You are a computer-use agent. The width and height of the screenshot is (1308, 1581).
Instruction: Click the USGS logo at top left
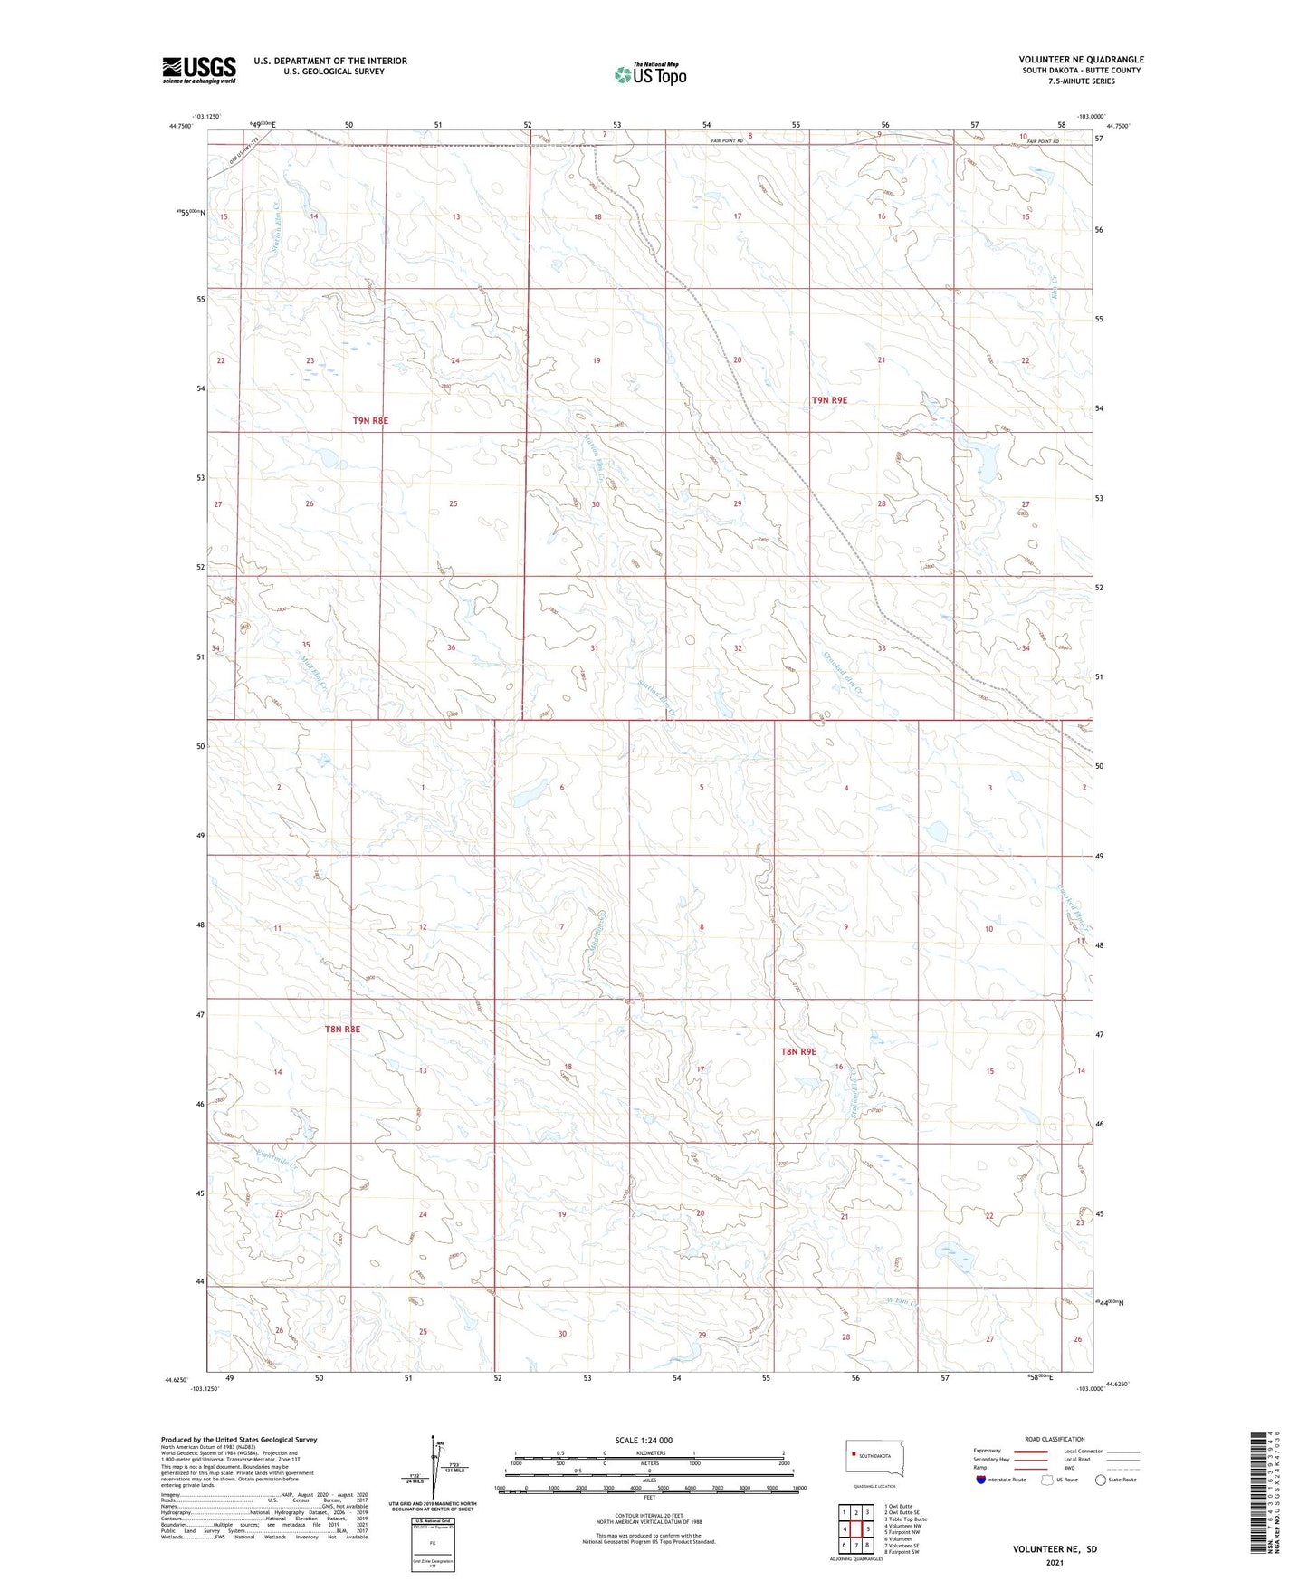pyautogui.click(x=199, y=70)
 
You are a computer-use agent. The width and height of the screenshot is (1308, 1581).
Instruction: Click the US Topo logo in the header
pyautogui.click(x=649, y=74)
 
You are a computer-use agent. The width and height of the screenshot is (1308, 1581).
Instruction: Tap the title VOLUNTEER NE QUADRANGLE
pyautogui.click(x=1081, y=60)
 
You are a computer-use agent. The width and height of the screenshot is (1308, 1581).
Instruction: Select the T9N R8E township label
pyautogui.click(x=370, y=420)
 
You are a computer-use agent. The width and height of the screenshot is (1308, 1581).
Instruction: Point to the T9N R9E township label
pyautogui.click(x=829, y=399)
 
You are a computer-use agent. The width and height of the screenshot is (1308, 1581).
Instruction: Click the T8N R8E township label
pyautogui.click(x=342, y=1029)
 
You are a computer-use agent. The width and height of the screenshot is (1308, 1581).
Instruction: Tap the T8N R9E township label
pyautogui.click(x=798, y=1051)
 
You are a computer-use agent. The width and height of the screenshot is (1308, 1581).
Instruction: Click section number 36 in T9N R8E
pyautogui.click(x=451, y=647)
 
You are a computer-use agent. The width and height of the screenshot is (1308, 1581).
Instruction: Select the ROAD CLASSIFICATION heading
pyautogui.click(x=1055, y=1439)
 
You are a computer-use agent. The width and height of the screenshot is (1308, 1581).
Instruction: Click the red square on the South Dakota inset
pyautogui.click(x=853, y=1456)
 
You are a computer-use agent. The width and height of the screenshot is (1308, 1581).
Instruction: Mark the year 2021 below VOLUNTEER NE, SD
pyautogui.click(x=1055, y=1563)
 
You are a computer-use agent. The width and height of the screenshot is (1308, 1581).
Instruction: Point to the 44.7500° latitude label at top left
pyautogui.click(x=180, y=127)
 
